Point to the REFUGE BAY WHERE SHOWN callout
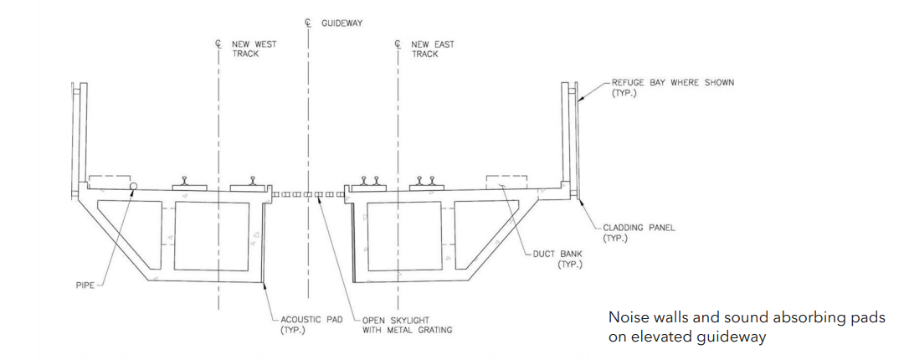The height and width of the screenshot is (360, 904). tap(672, 87)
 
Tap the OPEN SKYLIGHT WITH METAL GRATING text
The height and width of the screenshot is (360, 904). tap(407, 324)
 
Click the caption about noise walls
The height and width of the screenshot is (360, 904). tap(746, 327)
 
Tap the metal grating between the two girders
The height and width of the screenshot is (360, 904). tap(309, 194)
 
